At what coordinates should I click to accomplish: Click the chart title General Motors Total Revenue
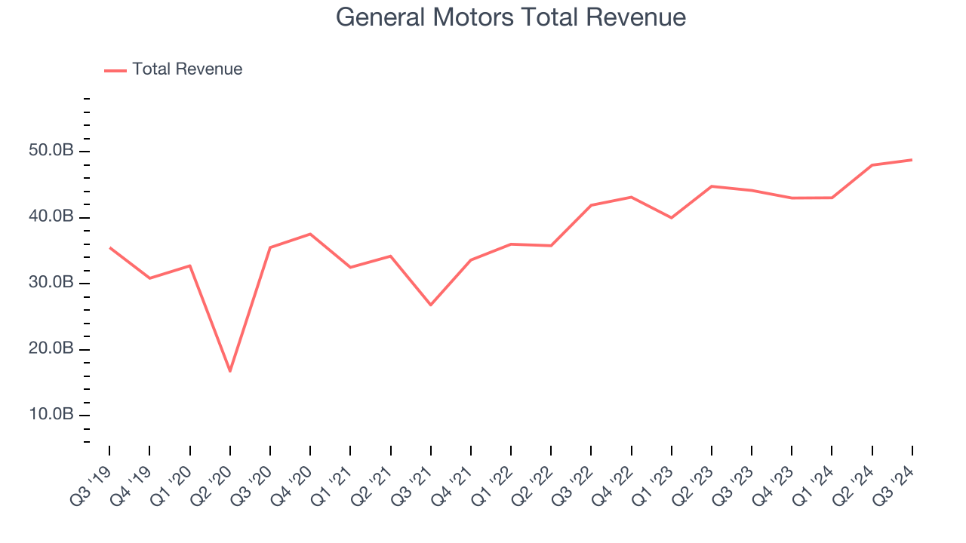click(511, 17)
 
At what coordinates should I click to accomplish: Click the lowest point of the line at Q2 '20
click(229, 371)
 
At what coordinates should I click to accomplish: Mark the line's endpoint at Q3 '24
click(912, 160)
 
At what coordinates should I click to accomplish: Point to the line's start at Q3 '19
click(109, 247)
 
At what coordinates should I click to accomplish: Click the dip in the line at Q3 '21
click(430, 305)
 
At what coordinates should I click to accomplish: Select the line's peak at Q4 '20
click(310, 234)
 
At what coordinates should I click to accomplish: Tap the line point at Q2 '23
click(712, 186)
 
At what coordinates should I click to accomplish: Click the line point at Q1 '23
click(671, 218)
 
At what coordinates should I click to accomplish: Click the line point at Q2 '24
click(872, 165)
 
